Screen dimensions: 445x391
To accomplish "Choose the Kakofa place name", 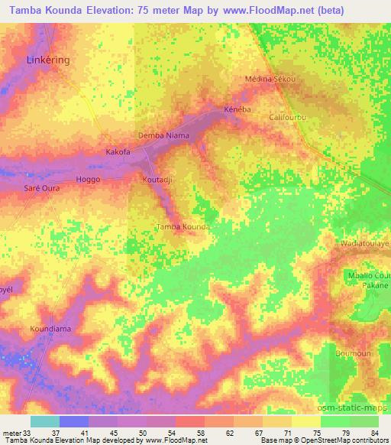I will point(118,152).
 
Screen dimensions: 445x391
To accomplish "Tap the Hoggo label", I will point(89,179).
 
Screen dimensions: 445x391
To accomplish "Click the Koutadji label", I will point(156,180).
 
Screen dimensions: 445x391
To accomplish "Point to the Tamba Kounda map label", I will point(183,227).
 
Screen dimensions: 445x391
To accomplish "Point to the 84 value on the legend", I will point(373,433).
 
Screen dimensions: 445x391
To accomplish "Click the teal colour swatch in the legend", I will point(45,421).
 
